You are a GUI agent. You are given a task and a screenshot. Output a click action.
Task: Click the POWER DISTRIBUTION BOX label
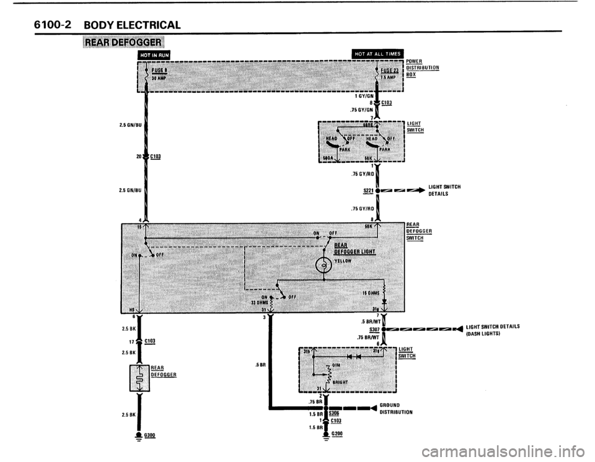click(423, 67)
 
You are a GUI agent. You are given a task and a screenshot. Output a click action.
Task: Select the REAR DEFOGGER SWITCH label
click(418, 232)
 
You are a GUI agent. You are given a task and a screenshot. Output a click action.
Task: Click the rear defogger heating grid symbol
click(140, 377)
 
